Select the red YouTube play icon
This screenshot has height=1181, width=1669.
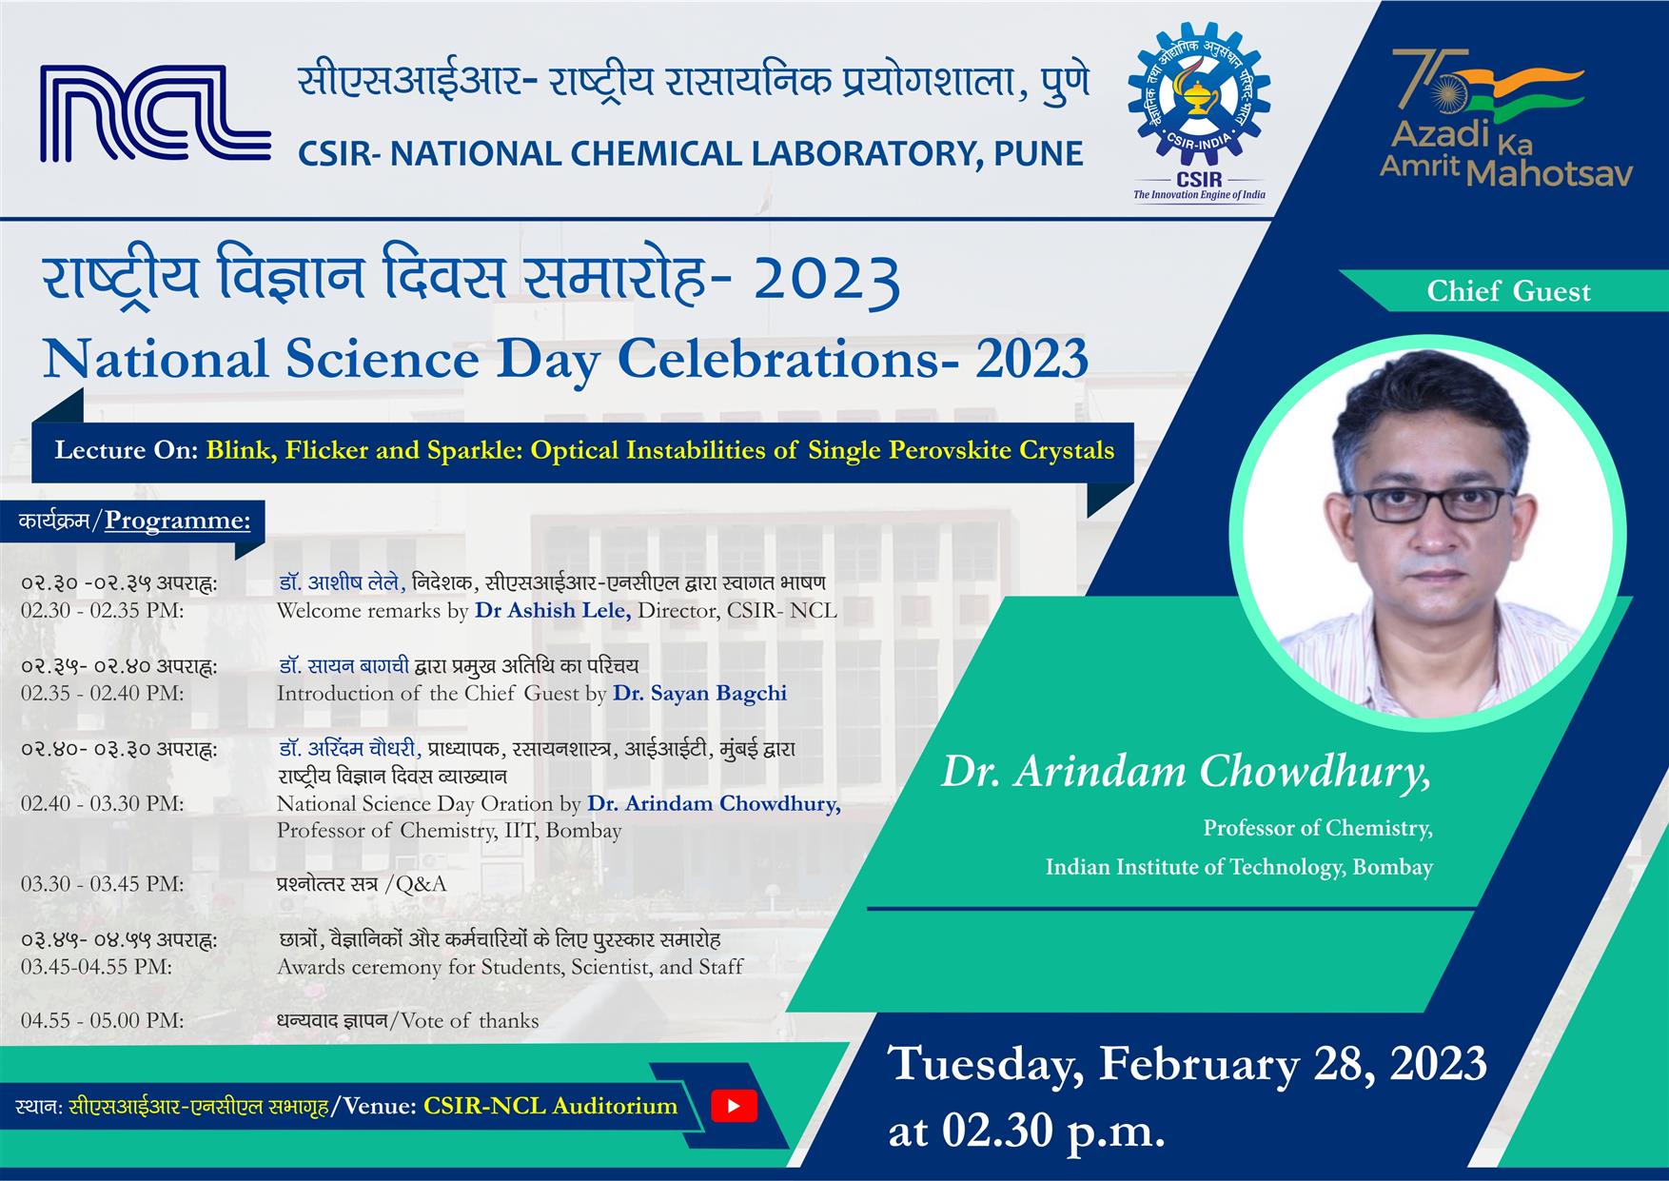735,1106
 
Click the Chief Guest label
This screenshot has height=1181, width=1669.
1508,291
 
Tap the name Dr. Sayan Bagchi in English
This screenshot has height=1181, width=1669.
699,693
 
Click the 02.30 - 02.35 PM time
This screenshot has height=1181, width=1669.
103,610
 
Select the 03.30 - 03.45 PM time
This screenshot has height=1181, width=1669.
103,884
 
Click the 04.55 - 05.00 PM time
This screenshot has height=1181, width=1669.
103,1021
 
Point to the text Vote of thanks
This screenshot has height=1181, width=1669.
470,1021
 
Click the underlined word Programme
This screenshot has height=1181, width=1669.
177,521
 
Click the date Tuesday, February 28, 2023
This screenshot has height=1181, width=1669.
1188,1063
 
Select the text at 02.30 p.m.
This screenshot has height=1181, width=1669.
1027,1132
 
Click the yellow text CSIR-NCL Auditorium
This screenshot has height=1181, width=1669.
550,1106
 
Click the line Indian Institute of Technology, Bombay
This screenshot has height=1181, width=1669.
1239,867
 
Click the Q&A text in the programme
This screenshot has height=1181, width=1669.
421,884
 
